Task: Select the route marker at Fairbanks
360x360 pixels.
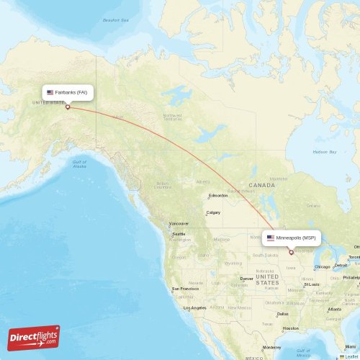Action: [x=68, y=107]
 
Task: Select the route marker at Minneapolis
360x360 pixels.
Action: [x=291, y=252]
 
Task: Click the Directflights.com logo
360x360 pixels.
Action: [x=34, y=337]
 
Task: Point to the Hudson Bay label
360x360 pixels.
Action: [x=325, y=152]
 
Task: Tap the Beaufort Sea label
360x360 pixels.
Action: [x=115, y=20]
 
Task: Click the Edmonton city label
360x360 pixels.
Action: [x=218, y=195]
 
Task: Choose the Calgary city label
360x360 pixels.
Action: [x=213, y=212]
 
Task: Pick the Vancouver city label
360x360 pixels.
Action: [x=179, y=223]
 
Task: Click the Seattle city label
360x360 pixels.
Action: [x=178, y=234]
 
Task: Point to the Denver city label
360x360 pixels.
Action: [x=247, y=278]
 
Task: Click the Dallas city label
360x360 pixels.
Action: [x=282, y=314]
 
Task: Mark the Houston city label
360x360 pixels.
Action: [x=290, y=328]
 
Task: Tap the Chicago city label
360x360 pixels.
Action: [x=322, y=266]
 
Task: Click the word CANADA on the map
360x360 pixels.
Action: [x=262, y=185]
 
